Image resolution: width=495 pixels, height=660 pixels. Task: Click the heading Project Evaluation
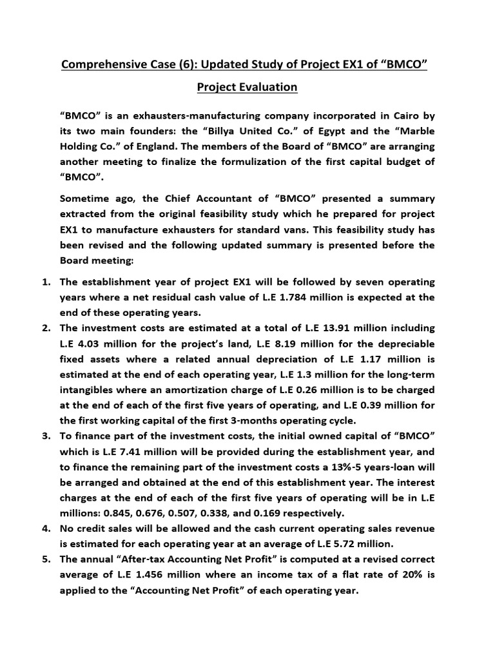[247, 86]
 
